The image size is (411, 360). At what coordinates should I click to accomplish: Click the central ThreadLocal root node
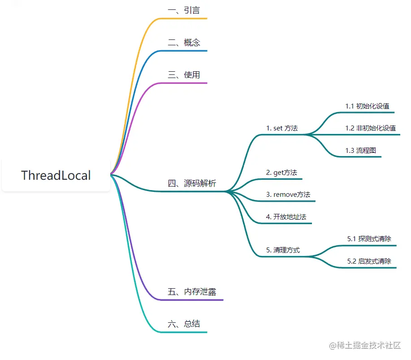click(x=56, y=175)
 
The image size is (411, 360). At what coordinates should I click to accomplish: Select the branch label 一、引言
click(x=184, y=10)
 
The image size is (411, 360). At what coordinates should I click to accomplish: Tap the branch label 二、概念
click(x=184, y=43)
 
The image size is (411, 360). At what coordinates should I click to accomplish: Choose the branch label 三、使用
click(x=184, y=75)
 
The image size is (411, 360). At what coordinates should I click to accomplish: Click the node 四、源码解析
click(x=192, y=183)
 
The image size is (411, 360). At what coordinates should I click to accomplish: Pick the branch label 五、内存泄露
click(x=192, y=292)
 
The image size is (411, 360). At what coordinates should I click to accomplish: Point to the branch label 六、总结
click(x=184, y=324)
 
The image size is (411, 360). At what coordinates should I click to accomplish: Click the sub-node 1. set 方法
click(x=282, y=128)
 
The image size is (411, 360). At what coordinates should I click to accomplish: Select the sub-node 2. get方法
click(x=281, y=173)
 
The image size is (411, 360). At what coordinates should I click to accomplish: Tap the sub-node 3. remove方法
click(x=288, y=195)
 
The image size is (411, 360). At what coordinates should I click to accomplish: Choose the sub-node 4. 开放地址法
click(x=286, y=217)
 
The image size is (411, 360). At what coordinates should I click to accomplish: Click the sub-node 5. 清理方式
click(x=283, y=250)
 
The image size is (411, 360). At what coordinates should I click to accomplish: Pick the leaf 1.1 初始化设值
click(x=367, y=106)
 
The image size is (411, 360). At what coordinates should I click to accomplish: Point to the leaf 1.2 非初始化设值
click(x=370, y=128)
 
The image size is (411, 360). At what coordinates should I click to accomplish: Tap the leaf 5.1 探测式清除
click(x=369, y=239)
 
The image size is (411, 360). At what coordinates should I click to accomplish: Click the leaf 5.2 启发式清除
click(x=369, y=261)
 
